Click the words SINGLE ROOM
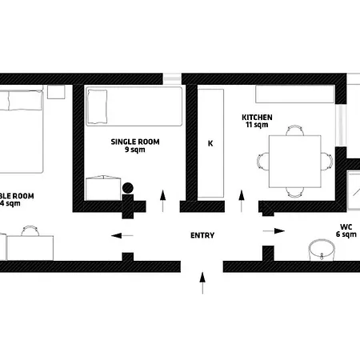click(x=135, y=142)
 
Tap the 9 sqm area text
click(x=135, y=150)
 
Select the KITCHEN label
click(x=258, y=118)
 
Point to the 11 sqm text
click(x=257, y=126)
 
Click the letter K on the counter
click(x=210, y=144)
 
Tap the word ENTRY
click(x=202, y=235)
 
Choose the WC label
click(x=346, y=226)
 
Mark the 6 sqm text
click(x=346, y=234)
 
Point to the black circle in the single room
click(x=128, y=189)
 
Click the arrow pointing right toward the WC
click(x=274, y=230)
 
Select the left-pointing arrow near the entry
click(x=122, y=235)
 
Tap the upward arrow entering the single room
click(x=163, y=200)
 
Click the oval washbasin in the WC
click(x=322, y=249)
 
